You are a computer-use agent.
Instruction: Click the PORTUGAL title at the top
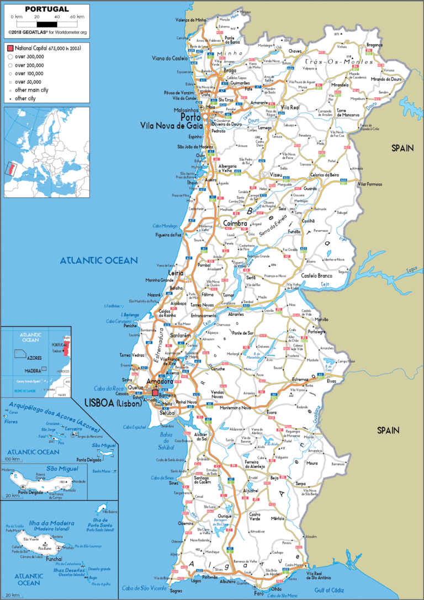click(x=46, y=9)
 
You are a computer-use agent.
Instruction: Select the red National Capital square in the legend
click(x=10, y=49)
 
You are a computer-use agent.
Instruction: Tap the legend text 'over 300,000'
click(x=29, y=57)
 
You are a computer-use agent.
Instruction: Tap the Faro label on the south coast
click(x=258, y=593)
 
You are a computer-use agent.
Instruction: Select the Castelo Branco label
click(x=316, y=275)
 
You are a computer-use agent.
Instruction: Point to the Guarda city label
click(x=310, y=188)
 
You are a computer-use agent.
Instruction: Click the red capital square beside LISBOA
click(x=155, y=393)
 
